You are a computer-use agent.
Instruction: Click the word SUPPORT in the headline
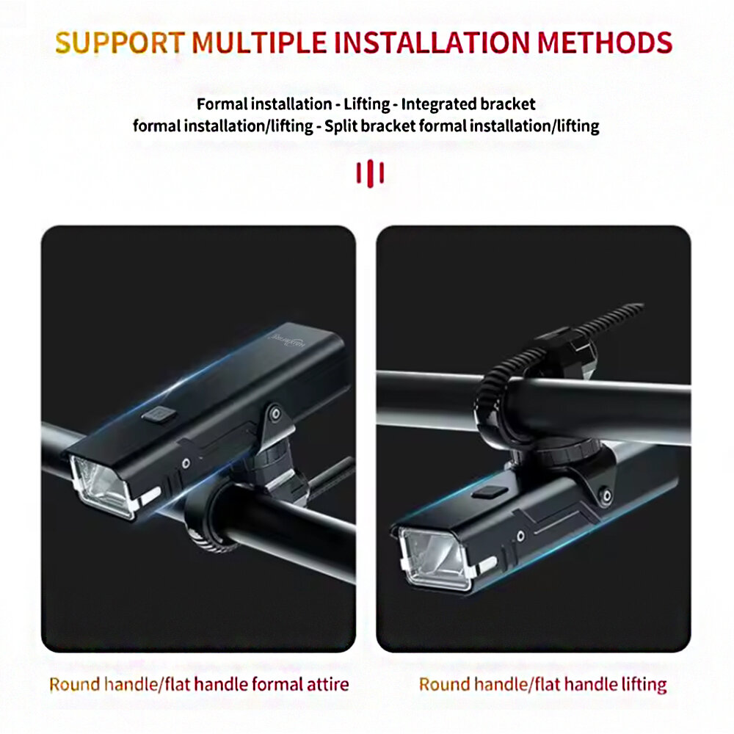pos(120,43)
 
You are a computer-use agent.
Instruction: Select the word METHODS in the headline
pos(605,43)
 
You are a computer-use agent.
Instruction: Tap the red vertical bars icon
pos(370,174)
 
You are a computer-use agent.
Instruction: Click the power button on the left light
pos(159,415)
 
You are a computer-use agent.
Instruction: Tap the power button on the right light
pos(490,493)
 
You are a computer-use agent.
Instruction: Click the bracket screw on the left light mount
pos(276,414)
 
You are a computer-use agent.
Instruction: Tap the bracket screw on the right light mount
pos(607,495)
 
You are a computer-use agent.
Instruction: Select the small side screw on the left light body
pos(186,463)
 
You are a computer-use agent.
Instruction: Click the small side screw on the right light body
pos(520,536)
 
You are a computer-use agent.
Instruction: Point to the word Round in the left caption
pos(74,684)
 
